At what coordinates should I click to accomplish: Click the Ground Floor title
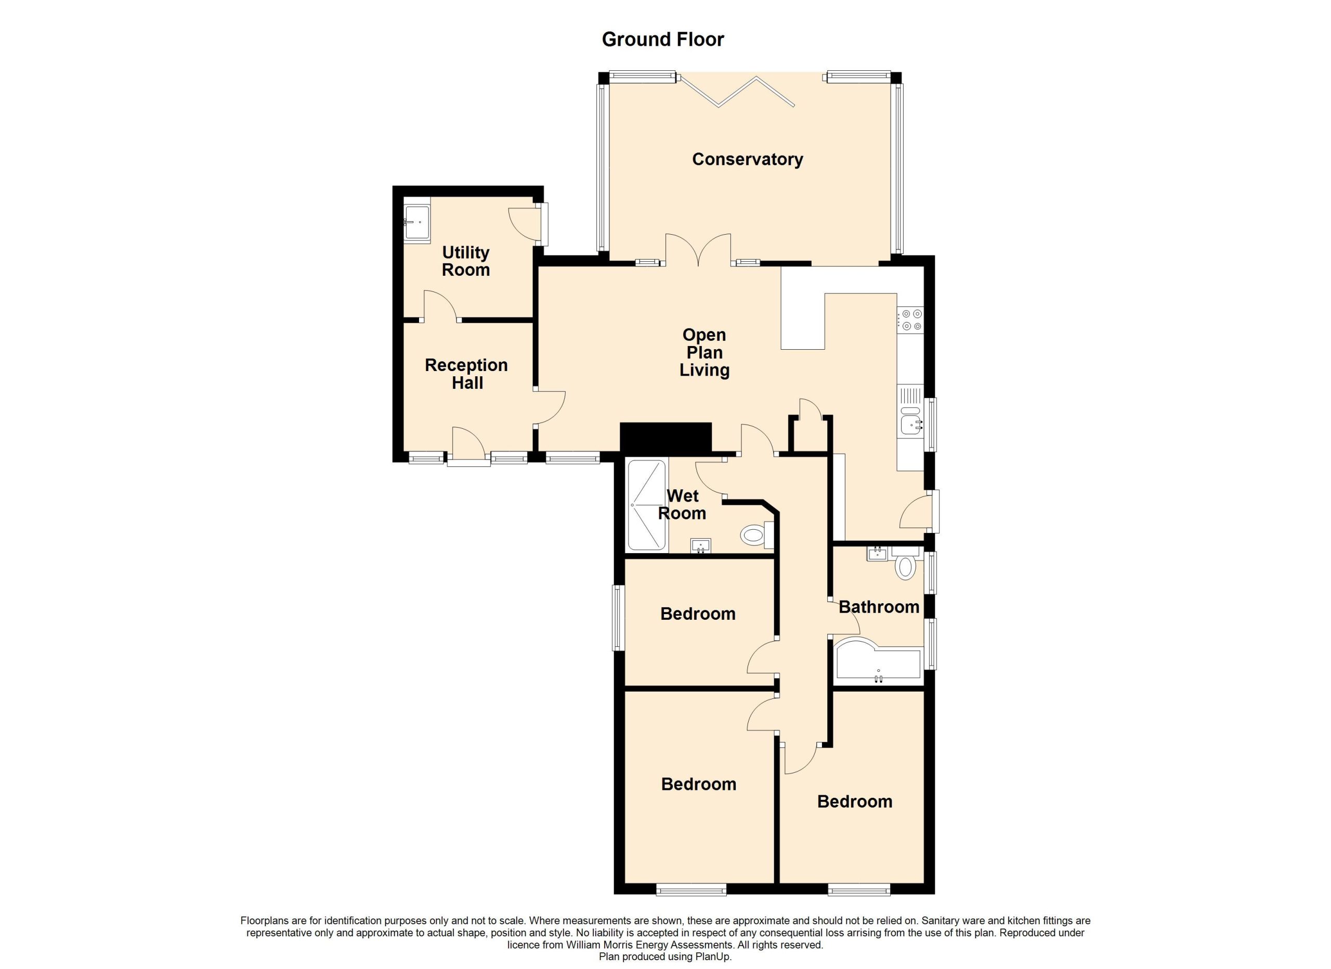(662, 40)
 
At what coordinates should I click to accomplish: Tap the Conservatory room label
(747, 159)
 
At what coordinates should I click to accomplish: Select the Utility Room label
(466, 261)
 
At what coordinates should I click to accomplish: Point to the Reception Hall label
(466, 374)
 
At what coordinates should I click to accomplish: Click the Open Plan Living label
(704, 352)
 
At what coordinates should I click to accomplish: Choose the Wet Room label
(682, 504)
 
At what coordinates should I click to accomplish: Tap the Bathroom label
(879, 607)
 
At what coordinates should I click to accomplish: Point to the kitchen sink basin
(911, 421)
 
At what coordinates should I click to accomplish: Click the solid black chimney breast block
(665, 438)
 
